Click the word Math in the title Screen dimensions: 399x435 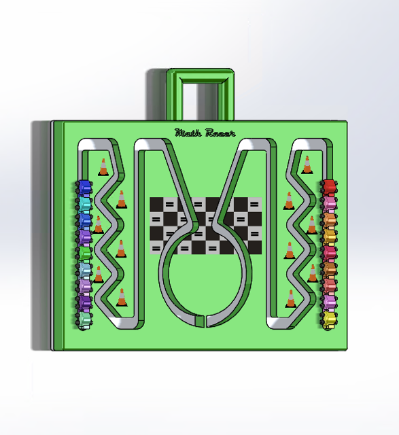(188, 133)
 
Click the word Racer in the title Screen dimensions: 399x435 (220, 133)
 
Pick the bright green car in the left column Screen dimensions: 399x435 (84, 253)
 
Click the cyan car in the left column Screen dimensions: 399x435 (84, 204)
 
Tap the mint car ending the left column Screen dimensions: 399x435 (84, 320)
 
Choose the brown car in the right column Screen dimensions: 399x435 (329, 268)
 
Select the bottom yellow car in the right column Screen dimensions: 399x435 (329, 319)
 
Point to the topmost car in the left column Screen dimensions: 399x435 (84, 188)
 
